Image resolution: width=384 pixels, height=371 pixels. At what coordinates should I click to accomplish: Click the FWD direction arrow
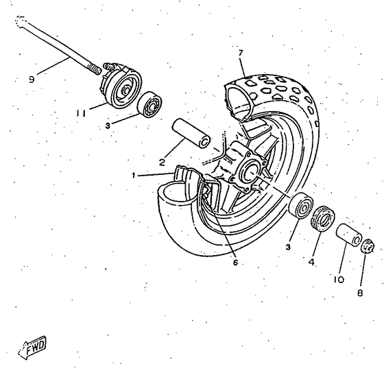tap(32, 347)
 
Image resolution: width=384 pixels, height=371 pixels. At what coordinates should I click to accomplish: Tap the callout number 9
tap(32, 80)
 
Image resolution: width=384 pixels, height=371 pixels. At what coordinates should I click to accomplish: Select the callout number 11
tap(81, 113)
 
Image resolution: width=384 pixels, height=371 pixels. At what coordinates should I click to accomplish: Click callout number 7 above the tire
tap(241, 53)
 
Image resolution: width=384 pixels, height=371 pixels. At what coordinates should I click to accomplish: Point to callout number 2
tap(162, 162)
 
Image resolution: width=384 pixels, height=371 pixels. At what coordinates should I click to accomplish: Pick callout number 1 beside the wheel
tap(134, 176)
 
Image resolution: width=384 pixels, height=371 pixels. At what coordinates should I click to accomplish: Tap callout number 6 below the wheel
tap(235, 263)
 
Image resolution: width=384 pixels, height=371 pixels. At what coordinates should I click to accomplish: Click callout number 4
tap(311, 262)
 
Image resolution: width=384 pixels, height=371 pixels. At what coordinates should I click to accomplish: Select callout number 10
tap(339, 279)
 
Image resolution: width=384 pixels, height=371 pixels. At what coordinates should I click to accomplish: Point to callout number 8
tap(360, 293)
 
